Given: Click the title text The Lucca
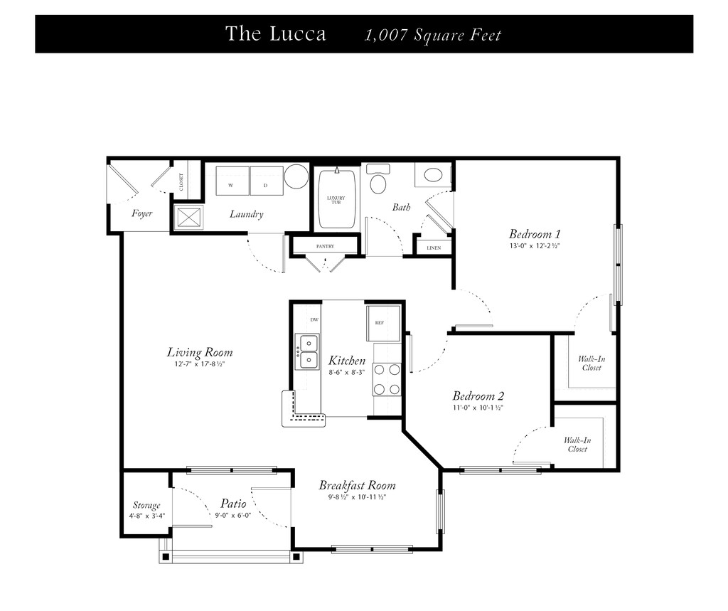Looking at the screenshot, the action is [x=276, y=34].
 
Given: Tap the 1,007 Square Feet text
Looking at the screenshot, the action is [x=433, y=36].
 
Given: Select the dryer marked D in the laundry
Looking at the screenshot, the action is [x=267, y=181].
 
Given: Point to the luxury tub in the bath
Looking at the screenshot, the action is [x=336, y=199].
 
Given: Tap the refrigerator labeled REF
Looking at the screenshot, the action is [x=383, y=323].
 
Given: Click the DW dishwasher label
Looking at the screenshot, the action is [x=314, y=319].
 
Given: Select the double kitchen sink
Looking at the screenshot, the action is [x=307, y=351].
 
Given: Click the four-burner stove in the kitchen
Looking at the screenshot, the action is [x=387, y=380].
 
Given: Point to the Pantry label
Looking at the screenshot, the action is [x=325, y=246].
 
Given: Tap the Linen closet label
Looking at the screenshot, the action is [x=434, y=248].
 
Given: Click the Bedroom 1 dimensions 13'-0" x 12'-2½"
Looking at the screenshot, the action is [x=535, y=246].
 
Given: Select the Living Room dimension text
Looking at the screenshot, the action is [x=200, y=364].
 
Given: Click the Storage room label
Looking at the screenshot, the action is [x=146, y=505].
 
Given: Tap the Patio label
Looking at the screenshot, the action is [x=233, y=503].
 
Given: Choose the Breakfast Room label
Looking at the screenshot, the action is [x=357, y=486].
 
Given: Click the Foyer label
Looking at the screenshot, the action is [x=141, y=213].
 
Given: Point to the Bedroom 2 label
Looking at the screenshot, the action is [x=478, y=396].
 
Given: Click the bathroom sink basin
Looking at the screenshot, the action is [x=434, y=176].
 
